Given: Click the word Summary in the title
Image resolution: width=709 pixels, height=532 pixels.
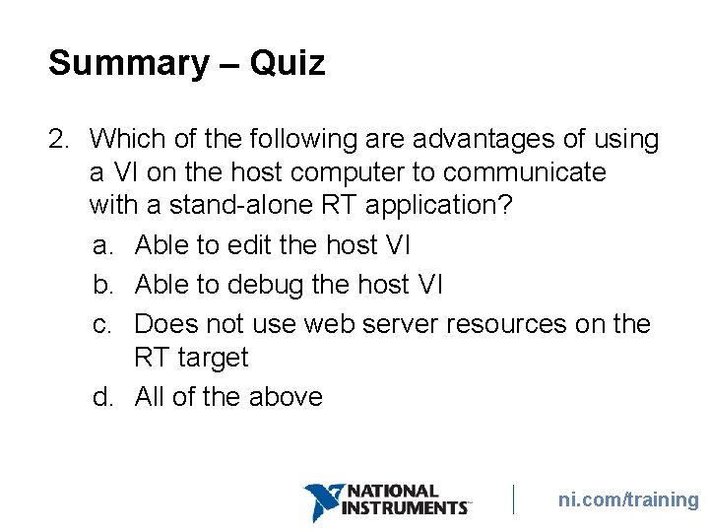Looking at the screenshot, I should click(x=128, y=64).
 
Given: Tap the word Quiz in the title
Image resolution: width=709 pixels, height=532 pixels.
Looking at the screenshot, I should click(x=287, y=64).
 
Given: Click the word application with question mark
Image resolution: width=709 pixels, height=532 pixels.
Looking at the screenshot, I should click(x=415, y=206).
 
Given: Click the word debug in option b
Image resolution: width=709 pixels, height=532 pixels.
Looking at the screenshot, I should click(x=266, y=285).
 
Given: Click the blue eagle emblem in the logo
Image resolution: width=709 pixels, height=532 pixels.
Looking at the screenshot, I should click(x=322, y=501).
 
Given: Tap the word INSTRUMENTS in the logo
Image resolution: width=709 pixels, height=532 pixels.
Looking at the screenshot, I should click(x=405, y=507).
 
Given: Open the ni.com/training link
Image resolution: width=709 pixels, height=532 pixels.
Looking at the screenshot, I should click(x=628, y=499).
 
